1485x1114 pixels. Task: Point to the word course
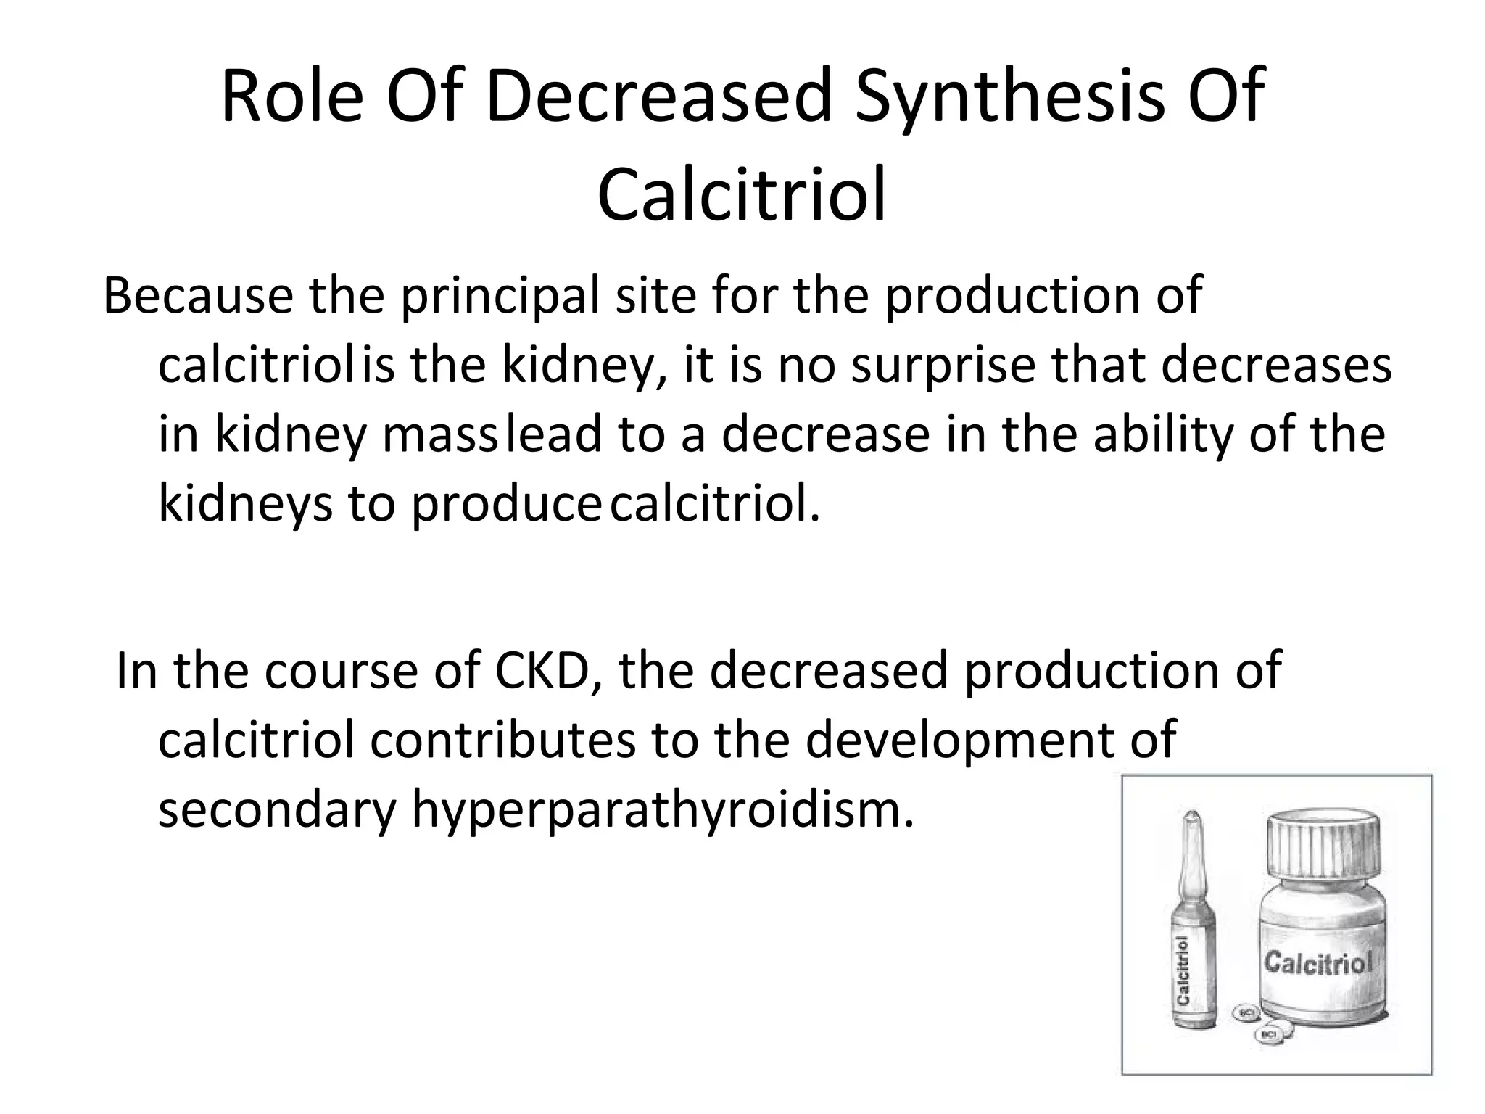click(341, 671)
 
